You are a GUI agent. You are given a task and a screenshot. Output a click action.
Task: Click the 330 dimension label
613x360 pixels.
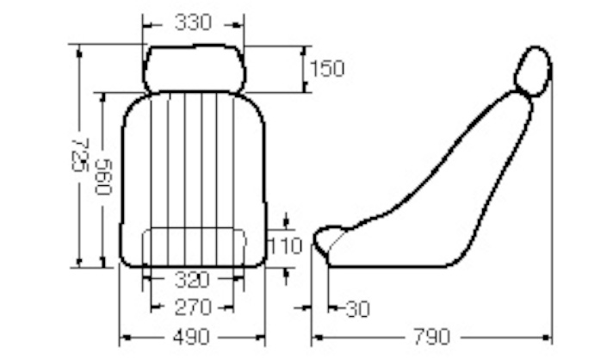pyautogui.click(x=193, y=22)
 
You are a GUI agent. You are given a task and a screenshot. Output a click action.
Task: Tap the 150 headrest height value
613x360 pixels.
pyautogui.click(x=327, y=68)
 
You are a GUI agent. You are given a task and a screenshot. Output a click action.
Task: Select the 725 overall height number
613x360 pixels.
pyautogui.click(x=80, y=155)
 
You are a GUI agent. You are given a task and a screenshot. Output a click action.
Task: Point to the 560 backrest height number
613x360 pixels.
pyautogui.click(x=103, y=177)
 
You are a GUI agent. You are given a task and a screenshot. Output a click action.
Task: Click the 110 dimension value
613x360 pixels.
pyautogui.click(x=286, y=245)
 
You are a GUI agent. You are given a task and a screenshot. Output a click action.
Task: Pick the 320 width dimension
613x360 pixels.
pyautogui.click(x=191, y=280)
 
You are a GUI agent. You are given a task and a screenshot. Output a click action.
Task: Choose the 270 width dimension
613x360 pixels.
pyautogui.click(x=192, y=307)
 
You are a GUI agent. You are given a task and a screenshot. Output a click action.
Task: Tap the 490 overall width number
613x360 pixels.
pyautogui.click(x=191, y=337)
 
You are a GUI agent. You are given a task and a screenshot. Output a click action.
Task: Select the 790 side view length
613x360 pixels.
pyautogui.click(x=431, y=337)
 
